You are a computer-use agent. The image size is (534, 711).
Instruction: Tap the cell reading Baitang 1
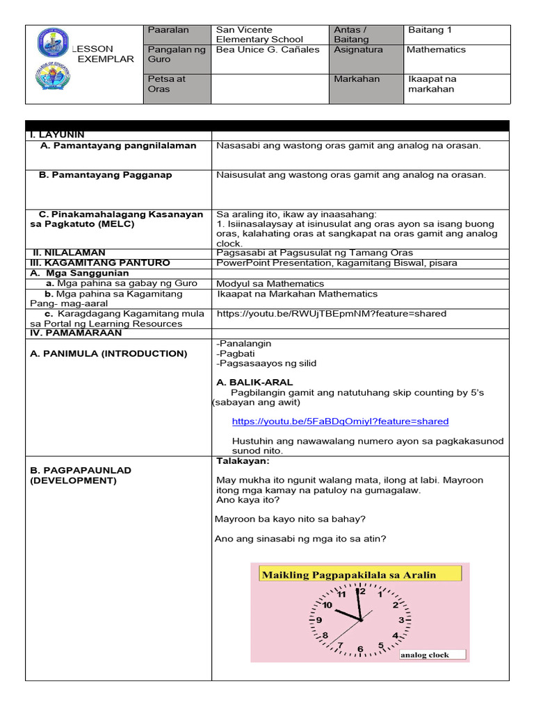tap(429, 30)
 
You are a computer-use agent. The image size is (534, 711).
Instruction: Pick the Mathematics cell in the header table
tap(436, 50)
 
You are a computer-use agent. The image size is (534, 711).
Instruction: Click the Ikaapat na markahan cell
tap(432, 84)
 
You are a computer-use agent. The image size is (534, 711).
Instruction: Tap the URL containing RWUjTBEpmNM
tap(332, 314)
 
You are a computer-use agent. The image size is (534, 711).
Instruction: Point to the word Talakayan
tap(243, 462)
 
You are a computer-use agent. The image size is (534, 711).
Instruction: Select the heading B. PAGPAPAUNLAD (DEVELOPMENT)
tap(81, 475)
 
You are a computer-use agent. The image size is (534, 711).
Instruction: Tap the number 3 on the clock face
tap(401, 620)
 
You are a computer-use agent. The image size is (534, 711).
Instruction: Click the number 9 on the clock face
tap(319, 620)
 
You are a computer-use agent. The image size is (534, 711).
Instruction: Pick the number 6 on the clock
tap(360, 649)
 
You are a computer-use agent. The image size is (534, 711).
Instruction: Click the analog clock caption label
tap(424, 654)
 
